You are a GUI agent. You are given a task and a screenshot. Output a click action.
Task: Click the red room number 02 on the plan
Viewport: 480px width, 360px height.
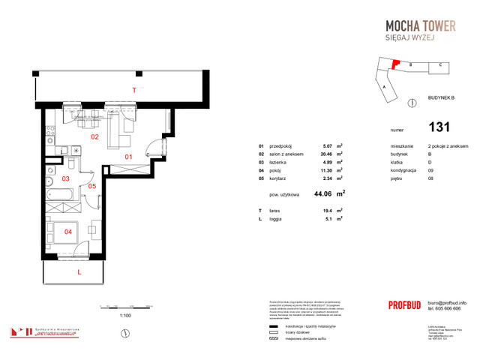tap(95, 137)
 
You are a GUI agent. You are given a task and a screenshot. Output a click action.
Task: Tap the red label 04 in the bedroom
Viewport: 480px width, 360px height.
tap(68, 232)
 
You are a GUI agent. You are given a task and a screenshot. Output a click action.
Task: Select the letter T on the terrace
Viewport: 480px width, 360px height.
tap(134, 90)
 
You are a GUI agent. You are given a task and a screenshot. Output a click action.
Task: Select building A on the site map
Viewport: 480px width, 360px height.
tap(385, 87)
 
